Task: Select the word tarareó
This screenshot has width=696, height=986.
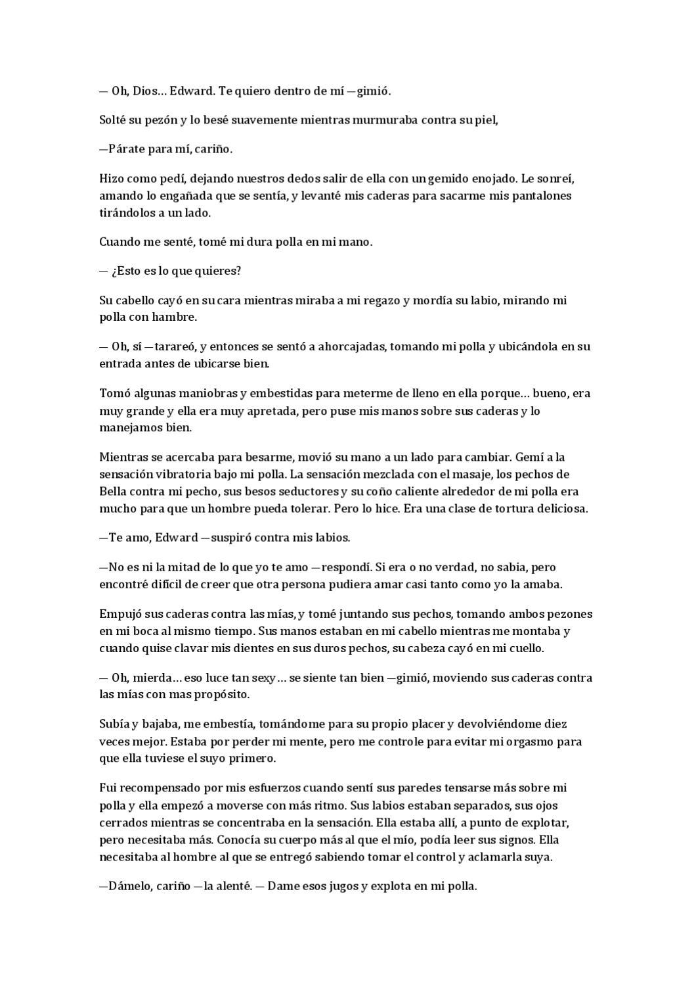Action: [x=173, y=346]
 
